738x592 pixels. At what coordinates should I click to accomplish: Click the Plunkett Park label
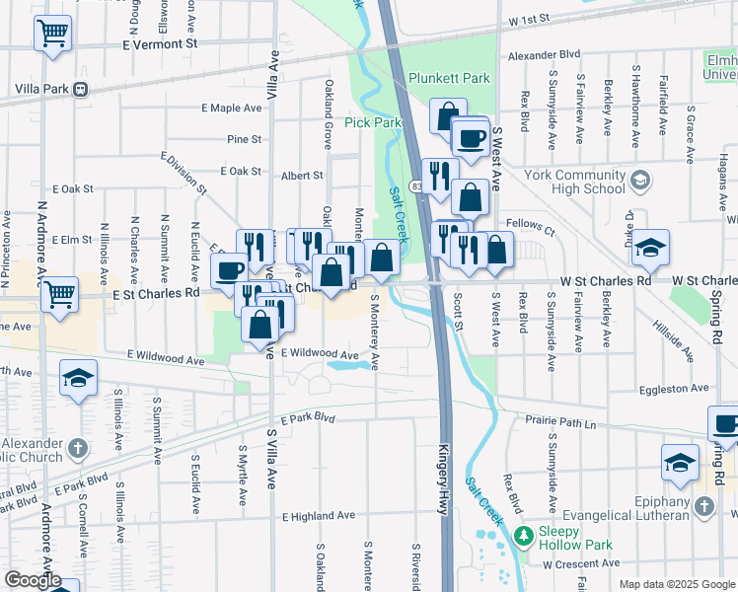450,78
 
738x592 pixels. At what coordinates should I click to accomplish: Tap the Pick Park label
373,122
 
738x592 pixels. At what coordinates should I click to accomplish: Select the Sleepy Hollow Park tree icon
545,532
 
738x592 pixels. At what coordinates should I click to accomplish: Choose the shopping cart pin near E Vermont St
53,35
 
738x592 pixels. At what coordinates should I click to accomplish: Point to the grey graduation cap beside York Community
640,180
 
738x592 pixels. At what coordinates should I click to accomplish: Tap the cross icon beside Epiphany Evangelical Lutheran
703,506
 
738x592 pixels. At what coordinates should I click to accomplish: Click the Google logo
34,580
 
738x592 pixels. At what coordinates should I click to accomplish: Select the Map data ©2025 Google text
677,584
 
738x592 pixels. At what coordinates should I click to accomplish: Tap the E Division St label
184,172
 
